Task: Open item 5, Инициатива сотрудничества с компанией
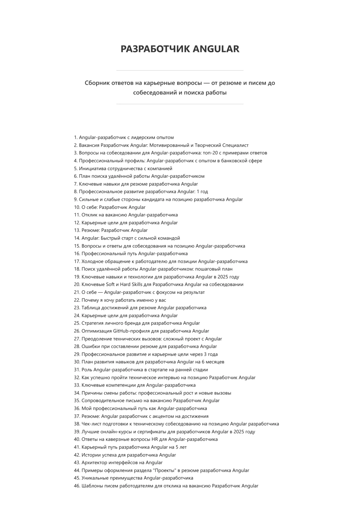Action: pyautogui.click(x=126, y=168)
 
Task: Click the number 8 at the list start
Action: pyautogui.click(x=76, y=192)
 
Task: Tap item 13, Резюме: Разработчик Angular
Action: pyautogui.click(x=114, y=230)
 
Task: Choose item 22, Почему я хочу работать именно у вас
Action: pyautogui.click(x=124, y=300)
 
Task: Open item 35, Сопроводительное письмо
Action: pyautogui.click(x=151, y=401)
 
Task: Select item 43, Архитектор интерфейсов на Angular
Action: pyautogui.click(x=122, y=463)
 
